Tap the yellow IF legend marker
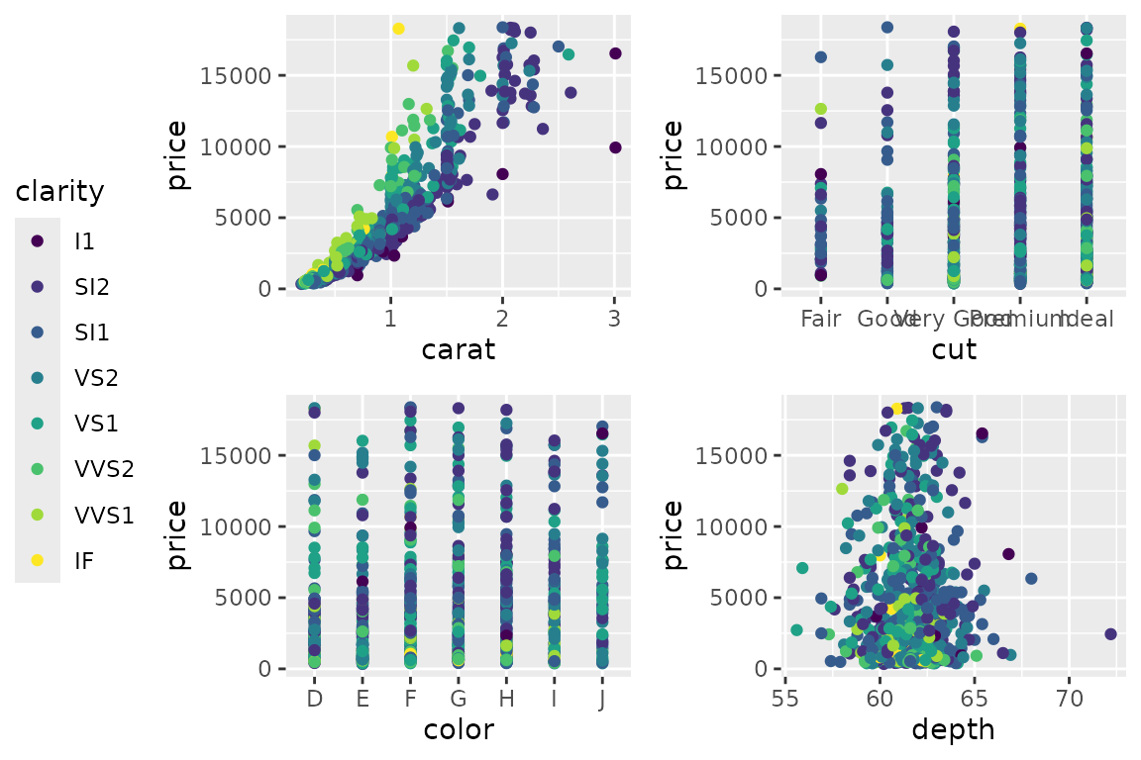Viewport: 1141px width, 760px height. [x=38, y=560]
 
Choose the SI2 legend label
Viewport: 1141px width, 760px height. [x=92, y=286]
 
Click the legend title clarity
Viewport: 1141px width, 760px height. [x=59, y=191]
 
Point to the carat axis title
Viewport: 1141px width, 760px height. [x=458, y=349]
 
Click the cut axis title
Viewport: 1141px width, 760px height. [x=954, y=349]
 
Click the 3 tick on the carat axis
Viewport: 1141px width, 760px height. [x=615, y=319]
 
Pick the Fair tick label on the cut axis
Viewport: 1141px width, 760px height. [x=821, y=319]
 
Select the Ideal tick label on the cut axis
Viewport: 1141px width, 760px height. [x=1087, y=319]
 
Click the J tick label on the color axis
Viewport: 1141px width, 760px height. [x=602, y=699]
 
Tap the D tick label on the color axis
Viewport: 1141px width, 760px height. [x=314, y=699]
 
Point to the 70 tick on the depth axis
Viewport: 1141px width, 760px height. [x=1069, y=699]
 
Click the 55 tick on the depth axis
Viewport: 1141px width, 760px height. [x=785, y=699]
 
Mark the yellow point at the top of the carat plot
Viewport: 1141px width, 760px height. [x=398, y=29]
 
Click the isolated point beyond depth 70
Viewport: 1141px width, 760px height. [x=1110, y=633]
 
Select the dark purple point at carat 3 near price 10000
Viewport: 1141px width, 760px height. [x=615, y=147]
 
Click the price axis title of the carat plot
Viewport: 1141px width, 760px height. [x=177, y=153]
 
